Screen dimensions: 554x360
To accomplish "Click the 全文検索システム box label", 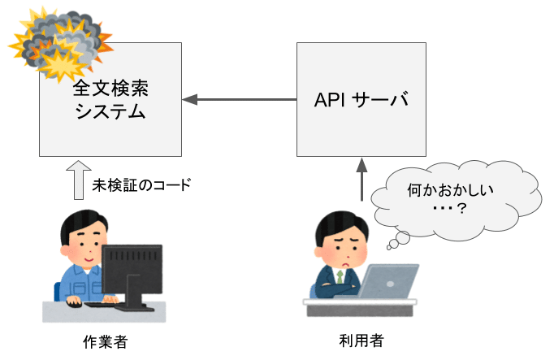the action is tap(110, 100).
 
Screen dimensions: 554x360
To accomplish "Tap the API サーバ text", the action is tap(361, 100).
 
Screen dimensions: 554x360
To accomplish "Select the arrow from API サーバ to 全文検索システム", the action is tap(239, 100).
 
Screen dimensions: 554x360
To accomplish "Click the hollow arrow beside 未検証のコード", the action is tap(79, 180).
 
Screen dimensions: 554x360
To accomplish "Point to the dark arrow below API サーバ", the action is tap(361, 180).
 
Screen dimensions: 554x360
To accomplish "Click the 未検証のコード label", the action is tap(141, 184).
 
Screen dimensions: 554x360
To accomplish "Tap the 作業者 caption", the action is tap(106, 341).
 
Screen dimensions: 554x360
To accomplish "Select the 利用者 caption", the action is tap(361, 340).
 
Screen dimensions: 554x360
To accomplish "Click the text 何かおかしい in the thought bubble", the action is tap(450, 190).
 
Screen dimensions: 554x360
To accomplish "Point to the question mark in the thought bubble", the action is tap(461, 208).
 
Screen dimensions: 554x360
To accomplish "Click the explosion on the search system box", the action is tap(61, 44).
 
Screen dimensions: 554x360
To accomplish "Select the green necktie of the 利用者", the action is tap(340, 276).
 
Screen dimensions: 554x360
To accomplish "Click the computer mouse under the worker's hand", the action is tap(75, 303).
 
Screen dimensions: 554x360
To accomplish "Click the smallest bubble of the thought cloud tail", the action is tap(389, 247).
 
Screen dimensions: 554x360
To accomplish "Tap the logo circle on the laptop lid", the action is tap(390, 284).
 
